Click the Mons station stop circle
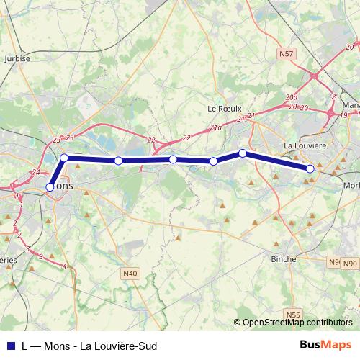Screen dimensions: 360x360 [x=50, y=187]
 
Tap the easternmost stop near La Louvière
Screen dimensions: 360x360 [x=310, y=168]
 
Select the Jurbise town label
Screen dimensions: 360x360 [x=17, y=59]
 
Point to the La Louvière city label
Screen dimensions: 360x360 [x=306, y=145]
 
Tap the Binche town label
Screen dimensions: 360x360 [x=284, y=258]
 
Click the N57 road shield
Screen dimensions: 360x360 [x=287, y=54]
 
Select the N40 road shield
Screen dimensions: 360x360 [x=130, y=273]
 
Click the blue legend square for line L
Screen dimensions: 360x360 [x=9, y=346]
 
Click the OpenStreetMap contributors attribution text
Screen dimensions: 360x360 [x=297, y=323]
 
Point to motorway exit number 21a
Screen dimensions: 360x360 [x=216, y=127]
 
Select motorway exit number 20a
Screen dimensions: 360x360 [x=291, y=96]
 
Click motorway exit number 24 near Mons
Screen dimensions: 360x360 [x=35, y=172]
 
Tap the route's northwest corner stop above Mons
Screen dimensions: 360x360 [x=64, y=158]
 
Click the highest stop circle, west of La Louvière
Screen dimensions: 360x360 [x=243, y=153]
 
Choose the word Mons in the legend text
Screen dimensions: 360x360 [x=57, y=346]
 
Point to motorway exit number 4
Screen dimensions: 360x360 [x=65, y=266]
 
